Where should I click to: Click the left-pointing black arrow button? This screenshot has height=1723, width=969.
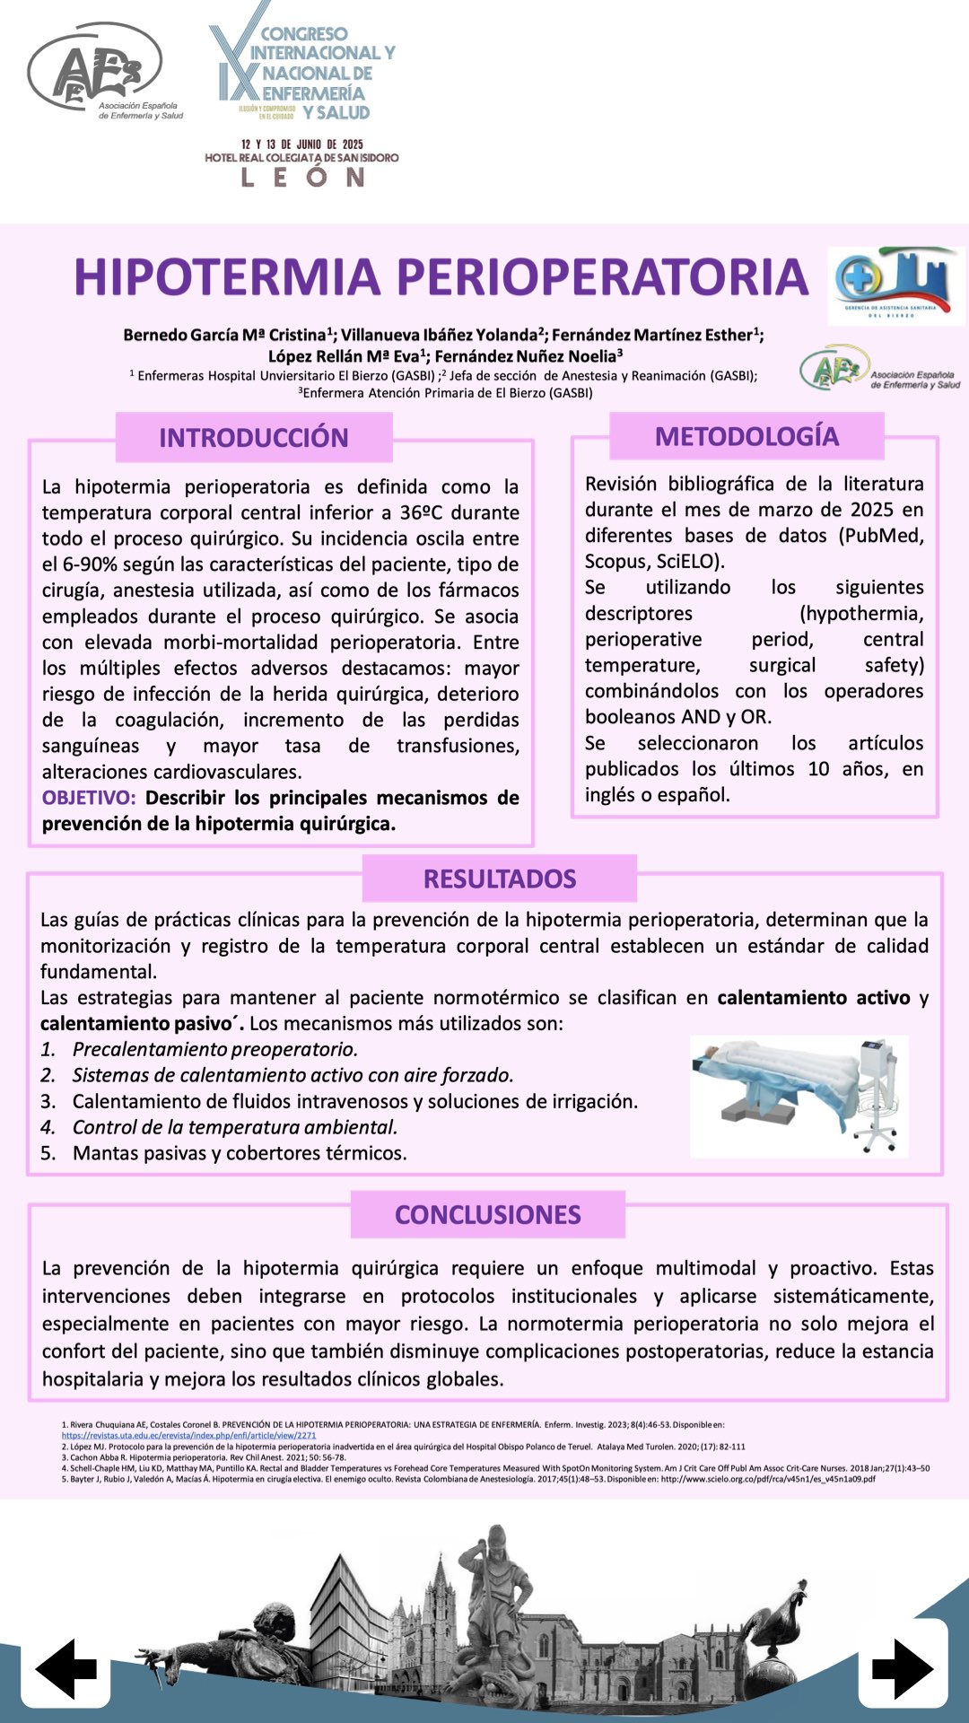(x=66, y=1668)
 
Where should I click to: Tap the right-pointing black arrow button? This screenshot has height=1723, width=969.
(x=902, y=1668)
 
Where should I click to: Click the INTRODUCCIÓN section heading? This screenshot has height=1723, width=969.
(x=254, y=437)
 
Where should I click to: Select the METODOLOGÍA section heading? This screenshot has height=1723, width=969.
(x=746, y=436)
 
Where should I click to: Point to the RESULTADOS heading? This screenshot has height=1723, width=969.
(x=500, y=879)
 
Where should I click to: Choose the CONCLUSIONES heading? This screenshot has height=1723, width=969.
(x=488, y=1214)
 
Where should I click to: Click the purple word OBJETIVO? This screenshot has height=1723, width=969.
(x=88, y=798)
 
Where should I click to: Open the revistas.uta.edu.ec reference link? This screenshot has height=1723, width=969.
(x=188, y=1435)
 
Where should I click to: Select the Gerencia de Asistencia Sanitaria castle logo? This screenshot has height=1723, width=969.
(x=895, y=285)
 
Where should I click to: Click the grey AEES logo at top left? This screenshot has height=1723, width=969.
(x=99, y=72)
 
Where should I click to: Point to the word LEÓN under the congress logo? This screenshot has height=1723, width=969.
(x=302, y=177)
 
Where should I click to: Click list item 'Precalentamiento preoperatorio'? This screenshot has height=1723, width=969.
(x=214, y=1049)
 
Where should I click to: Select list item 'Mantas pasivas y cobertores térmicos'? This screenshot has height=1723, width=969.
(x=240, y=1153)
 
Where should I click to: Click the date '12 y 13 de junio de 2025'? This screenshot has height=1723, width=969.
(x=302, y=144)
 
